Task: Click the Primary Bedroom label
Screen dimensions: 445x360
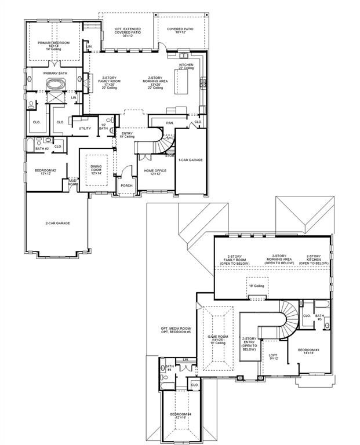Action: tap(53, 43)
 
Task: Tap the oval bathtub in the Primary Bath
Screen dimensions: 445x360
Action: tap(55, 85)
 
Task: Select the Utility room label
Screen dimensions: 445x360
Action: tap(85, 128)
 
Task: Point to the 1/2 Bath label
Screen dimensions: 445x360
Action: tap(104, 127)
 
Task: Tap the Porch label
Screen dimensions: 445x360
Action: tap(126, 185)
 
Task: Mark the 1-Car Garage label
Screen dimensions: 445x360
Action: tap(190, 159)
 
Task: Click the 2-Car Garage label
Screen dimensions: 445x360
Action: tap(57, 222)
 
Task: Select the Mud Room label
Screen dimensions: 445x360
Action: tap(73, 183)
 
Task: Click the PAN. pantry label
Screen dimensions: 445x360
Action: tap(169, 123)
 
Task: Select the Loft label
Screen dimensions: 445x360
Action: tap(274, 356)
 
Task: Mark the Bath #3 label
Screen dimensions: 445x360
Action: tap(319, 316)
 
